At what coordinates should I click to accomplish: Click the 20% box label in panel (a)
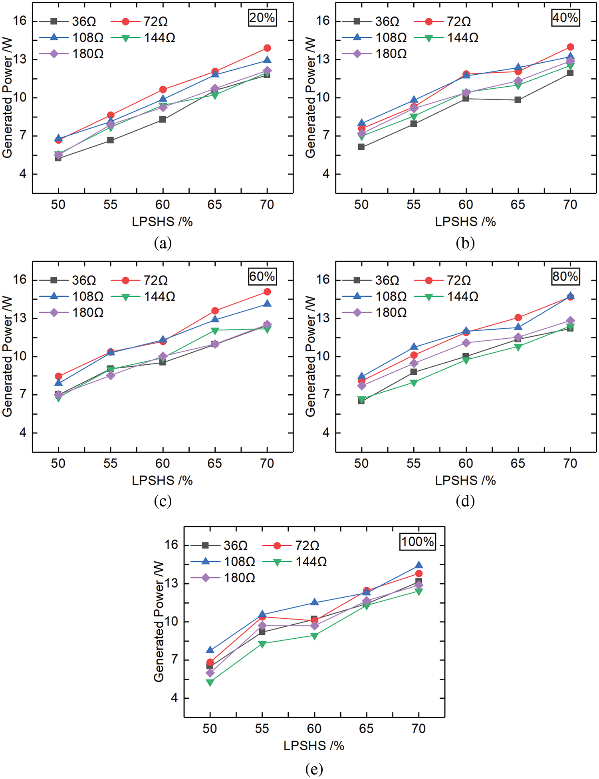[x=262, y=18]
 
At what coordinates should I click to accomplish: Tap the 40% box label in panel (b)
[x=565, y=18]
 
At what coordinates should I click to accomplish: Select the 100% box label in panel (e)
[x=417, y=542]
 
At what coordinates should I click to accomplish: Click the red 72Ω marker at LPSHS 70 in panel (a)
[x=267, y=48]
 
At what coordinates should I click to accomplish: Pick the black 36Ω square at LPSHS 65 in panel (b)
[x=518, y=100]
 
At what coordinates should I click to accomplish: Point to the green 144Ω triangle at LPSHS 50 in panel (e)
[x=210, y=683]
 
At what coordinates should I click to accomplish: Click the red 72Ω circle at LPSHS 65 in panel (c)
[x=215, y=311]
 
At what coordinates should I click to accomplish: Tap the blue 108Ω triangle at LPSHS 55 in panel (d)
[x=414, y=347]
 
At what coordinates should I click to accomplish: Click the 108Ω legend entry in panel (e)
[x=223, y=562]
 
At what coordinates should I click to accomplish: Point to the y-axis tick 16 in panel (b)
[x=323, y=21]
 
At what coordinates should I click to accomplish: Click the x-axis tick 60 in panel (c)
[x=163, y=463]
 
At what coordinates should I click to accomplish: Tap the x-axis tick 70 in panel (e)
[x=419, y=729]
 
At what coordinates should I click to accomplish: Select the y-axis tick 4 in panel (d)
[x=326, y=433]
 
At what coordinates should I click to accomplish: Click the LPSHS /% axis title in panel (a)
[x=162, y=222]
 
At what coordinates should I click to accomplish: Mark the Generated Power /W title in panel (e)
[x=159, y=622]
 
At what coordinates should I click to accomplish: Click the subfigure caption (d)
[x=465, y=501]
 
